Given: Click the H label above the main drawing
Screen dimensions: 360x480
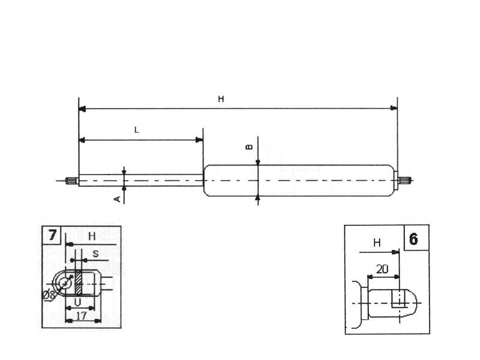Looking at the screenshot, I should [x=221, y=100].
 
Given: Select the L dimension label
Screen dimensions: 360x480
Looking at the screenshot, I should [x=137, y=130].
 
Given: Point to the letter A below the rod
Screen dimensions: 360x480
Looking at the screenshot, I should [x=118, y=198].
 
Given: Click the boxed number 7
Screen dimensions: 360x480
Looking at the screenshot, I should [x=52, y=235].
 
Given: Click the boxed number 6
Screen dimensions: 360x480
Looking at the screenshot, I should [x=413, y=239].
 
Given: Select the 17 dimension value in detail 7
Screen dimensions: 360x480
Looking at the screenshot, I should [x=83, y=314].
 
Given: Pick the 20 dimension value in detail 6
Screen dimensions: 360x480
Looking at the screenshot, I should [x=382, y=270].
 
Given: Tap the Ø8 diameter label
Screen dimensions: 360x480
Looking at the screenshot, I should [x=49, y=295].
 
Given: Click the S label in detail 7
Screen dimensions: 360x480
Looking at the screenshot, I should [x=95, y=253].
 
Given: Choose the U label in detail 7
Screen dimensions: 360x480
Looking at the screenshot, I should [x=77, y=301].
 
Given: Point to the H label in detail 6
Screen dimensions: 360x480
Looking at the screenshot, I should [x=377, y=243].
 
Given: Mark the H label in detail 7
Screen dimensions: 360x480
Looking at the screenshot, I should [x=91, y=236].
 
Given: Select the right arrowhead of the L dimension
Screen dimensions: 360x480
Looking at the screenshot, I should [x=200, y=140].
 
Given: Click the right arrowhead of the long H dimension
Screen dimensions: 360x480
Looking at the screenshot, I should [x=394, y=109].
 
